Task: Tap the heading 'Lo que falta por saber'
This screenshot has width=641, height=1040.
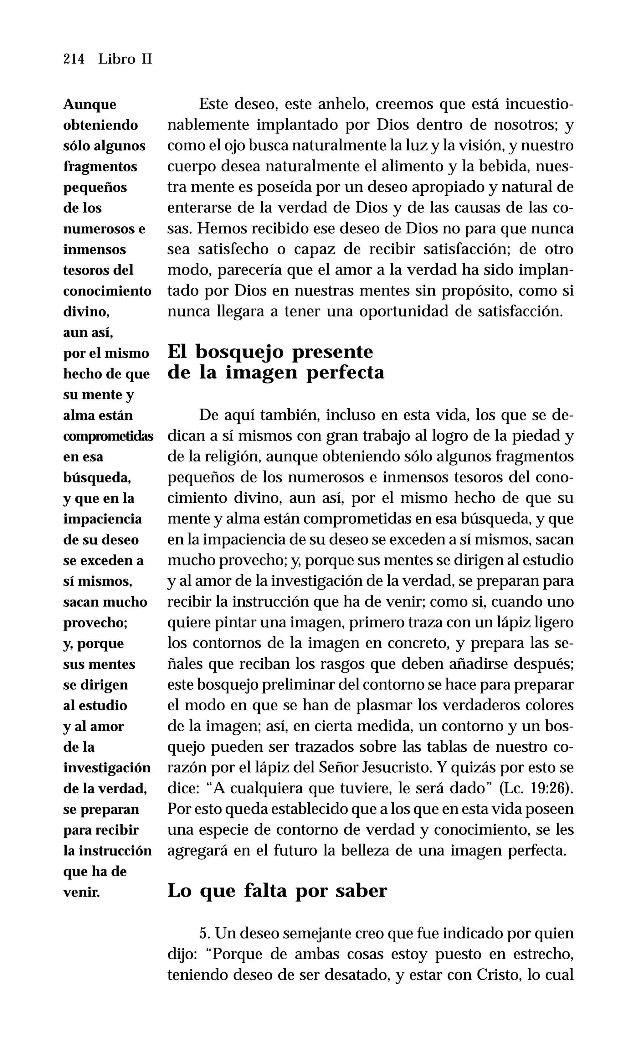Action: [277, 890]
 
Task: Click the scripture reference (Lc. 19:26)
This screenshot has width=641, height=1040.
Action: [536, 788]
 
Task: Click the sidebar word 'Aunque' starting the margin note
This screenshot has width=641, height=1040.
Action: [90, 105]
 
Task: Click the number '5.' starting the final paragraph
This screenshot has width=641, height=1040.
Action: [205, 933]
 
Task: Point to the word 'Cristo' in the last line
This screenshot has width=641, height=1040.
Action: [499, 974]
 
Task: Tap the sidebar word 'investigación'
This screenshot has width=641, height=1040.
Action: [107, 768]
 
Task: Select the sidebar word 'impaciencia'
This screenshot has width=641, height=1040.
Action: [103, 519]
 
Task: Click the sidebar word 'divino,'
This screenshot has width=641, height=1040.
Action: [86, 312]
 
